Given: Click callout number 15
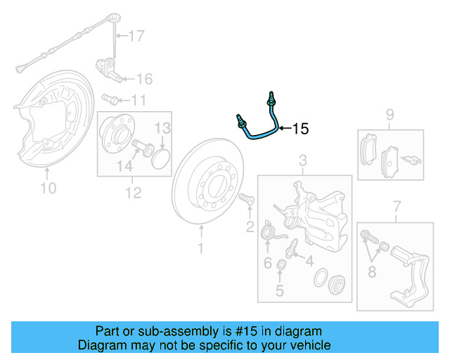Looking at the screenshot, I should [x=300, y=129].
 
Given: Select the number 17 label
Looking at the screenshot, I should [x=135, y=35].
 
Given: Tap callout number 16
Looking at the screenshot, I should [x=143, y=78].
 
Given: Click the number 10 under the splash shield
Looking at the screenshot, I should [x=48, y=188].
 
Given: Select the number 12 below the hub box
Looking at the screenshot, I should [x=133, y=192].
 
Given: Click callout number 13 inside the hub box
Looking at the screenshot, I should [x=162, y=128].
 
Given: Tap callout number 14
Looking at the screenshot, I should [x=124, y=166].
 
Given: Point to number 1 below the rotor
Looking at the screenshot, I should [x=200, y=248].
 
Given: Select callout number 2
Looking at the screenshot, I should [x=250, y=226].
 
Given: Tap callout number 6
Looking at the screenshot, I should [x=267, y=263].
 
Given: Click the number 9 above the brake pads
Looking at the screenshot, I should [x=390, y=115].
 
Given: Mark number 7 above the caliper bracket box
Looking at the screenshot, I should [x=397, y=206].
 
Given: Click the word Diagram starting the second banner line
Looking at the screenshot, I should [x=100, y=345].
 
